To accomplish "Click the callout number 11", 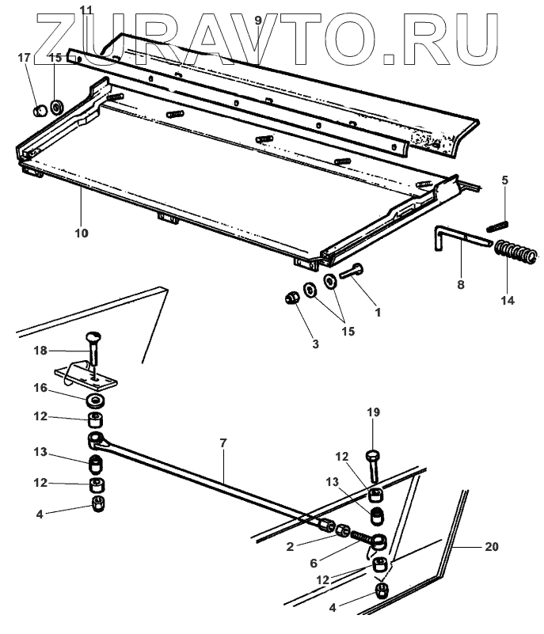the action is pos(86,9).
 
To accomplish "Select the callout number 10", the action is pos(81,233).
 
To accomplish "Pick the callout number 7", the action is pos(223,443).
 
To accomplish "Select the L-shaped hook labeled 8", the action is pos(455,238).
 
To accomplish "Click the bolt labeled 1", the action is pos(352,273).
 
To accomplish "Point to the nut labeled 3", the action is pos(291,298).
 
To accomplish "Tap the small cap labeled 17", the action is pos(36,108).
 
